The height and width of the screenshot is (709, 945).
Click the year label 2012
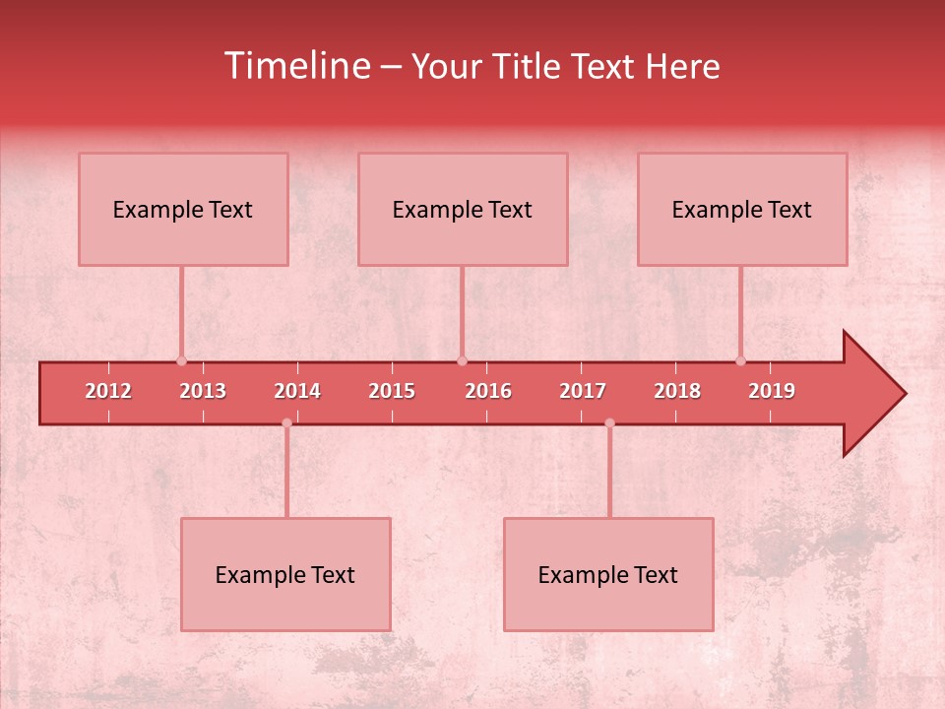tap(108, 391)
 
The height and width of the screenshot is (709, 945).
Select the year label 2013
tap(203, 391)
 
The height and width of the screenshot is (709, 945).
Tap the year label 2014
tap(297, 391)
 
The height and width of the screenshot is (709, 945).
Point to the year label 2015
tap(392, 391)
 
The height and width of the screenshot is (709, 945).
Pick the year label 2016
tap(488, 391)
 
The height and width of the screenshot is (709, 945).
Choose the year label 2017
tap(583, 391)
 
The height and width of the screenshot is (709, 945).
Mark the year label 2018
tap(677, 391)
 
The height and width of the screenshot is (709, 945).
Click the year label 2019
tap(772, 391)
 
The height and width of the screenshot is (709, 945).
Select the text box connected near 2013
tap(183, 209)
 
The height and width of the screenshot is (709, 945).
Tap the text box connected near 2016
tap(463, 209)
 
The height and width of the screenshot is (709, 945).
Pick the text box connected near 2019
tap(742, 209)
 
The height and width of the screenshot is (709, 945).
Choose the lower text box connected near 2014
tap(285, 574)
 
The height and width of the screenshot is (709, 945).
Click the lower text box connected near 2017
tap(608, 574)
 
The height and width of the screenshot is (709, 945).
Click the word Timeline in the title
tap(298, 66)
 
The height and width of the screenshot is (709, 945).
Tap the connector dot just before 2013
tap(181, 360)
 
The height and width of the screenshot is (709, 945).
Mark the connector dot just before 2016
tap(462, 360)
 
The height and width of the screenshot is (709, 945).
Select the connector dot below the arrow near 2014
tap(286, 423)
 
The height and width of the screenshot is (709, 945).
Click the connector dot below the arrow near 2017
tap(609, 423)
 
